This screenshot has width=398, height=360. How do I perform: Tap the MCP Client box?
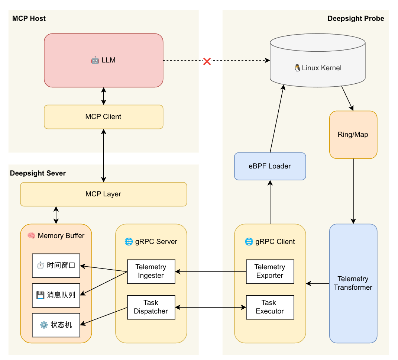103,117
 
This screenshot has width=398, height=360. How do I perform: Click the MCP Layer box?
103,194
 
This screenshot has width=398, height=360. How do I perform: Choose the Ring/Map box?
353,135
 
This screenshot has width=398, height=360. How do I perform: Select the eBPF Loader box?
270,166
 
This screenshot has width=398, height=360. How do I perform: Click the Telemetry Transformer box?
353,283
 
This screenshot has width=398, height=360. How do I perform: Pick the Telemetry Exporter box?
270,271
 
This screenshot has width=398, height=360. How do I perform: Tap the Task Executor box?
270,307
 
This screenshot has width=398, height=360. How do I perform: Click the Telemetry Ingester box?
151,271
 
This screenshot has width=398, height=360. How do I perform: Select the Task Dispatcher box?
151,307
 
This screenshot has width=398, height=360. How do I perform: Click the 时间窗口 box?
56,266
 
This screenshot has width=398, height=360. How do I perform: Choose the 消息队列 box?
56,295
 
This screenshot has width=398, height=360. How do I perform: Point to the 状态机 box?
56,325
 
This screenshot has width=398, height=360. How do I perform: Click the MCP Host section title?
29,19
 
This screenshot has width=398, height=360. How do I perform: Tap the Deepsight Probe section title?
356,19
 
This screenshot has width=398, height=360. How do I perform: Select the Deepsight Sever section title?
38,173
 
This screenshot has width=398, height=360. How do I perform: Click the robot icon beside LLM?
95,60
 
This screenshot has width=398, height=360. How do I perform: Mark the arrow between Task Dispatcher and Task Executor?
210,307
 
